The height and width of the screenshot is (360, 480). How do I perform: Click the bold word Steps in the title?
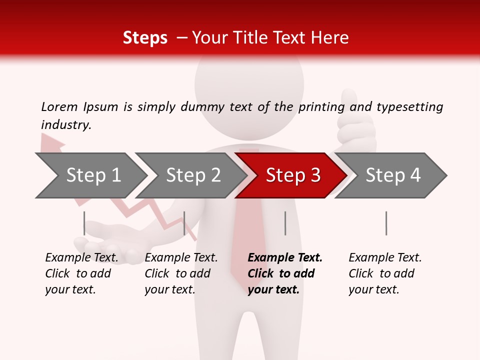coord(145,37)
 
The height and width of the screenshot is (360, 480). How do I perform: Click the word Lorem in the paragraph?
coord(59,106)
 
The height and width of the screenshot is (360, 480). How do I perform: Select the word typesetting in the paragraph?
coord(409,107)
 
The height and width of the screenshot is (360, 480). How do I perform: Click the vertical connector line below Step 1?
coord(84,223)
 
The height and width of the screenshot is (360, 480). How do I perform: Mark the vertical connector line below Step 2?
coord(184,223)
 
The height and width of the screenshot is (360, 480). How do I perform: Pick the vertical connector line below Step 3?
coord(285,223)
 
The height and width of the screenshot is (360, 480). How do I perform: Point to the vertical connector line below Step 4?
coord(386,223)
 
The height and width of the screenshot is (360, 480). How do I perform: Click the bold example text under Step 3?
coord(284,273)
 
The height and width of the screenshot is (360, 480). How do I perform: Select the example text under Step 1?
coord(81,273)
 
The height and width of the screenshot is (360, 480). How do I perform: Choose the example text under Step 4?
coord(385,273)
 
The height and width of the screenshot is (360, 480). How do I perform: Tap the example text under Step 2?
coord(181,273)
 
